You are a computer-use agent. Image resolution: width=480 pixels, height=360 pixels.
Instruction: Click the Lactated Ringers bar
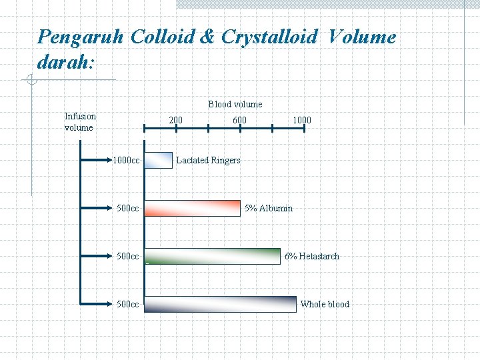coord(159,160)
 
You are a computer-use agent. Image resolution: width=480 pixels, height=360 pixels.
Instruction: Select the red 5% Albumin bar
coord(193,208)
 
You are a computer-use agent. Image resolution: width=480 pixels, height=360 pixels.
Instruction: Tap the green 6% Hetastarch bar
coord(213,256)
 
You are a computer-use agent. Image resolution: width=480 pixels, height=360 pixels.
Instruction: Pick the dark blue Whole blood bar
coord(220,304)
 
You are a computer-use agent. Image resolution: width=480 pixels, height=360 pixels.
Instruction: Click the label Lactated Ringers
coord(208,160)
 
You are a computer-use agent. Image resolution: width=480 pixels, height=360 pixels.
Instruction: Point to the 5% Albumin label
coord(268,208)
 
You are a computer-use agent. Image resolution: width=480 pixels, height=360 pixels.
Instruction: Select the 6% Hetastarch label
coord(311,256)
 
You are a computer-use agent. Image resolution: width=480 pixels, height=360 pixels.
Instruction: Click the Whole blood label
coord(325,304)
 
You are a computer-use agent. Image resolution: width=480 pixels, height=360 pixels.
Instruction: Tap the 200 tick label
coord(175,120)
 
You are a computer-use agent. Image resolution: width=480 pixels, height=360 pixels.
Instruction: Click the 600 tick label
coord(239,120)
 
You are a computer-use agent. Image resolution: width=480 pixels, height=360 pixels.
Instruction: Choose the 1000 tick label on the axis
coord(301,120)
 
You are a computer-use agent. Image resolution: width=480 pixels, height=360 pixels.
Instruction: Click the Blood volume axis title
coord(235,104)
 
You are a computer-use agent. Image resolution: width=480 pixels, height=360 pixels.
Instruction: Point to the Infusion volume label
coord(80,121)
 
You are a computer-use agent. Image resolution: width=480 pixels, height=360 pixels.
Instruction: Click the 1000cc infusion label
coord(126,160)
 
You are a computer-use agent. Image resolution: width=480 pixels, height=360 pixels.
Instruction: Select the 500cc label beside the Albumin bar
coord(127,208)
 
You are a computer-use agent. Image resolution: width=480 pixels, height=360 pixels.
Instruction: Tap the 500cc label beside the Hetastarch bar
coord(127,256)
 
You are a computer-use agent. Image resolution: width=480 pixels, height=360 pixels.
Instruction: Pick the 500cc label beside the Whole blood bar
coord(127,304)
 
